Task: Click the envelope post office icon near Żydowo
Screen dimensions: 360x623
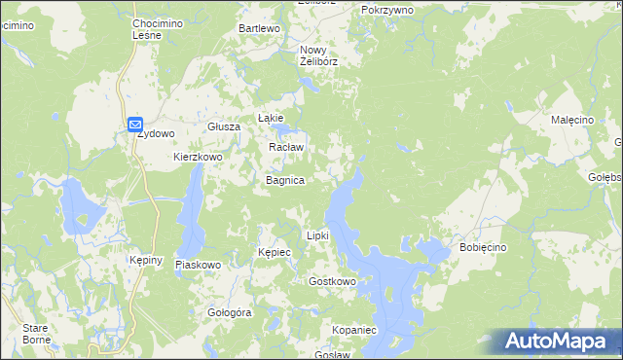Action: (x=135, y=125)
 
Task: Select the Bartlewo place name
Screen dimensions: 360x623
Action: (x=260, y=29)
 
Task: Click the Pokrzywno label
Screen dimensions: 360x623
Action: (x=386, y=9)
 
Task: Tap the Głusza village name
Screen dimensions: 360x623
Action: (x=223, y=127)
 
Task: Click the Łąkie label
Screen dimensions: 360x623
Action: (x=270, y=118)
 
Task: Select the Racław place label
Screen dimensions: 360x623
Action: (x=286, y=148)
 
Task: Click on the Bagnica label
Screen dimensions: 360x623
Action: (x=285, y=181)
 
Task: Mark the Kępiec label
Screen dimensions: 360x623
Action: (x=275, y=252)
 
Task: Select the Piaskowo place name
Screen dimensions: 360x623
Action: (x=199, y=265)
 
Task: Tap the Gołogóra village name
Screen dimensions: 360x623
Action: (x=230, y=313)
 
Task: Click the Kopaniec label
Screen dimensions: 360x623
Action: (x=353, y=331)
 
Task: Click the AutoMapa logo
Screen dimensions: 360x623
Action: (x=559, y=341)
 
